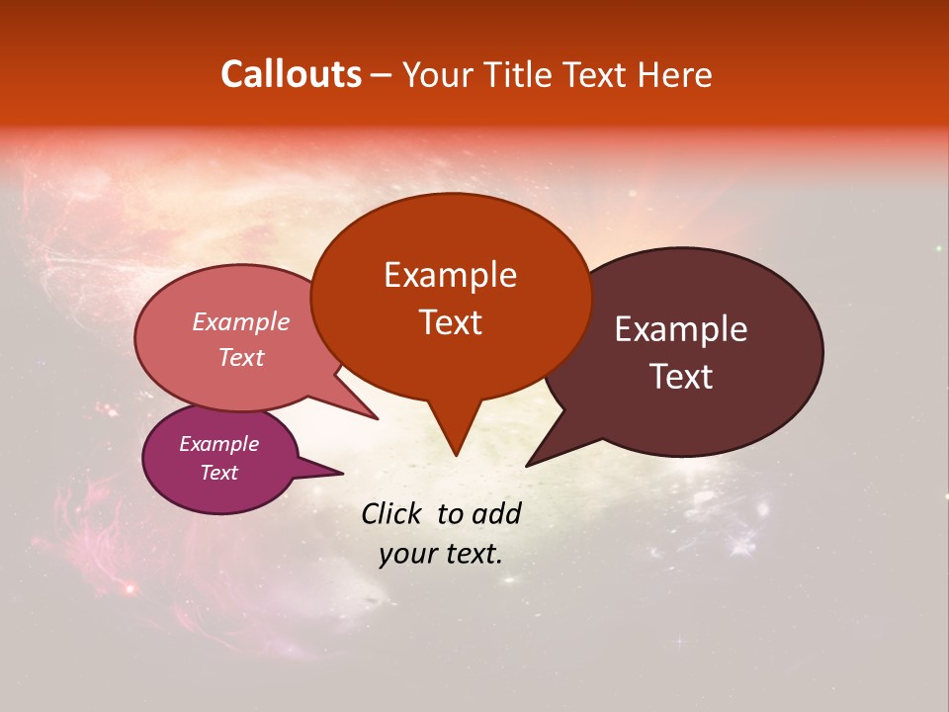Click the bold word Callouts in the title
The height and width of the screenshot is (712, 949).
pos(291,74)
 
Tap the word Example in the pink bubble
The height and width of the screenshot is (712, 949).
pos(240,321)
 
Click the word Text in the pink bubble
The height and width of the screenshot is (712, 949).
pos(240,357)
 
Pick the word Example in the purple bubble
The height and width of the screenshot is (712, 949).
pos(218,444)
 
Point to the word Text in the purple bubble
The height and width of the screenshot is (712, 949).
pos(218,473)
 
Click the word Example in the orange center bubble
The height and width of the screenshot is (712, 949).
pos(450,275)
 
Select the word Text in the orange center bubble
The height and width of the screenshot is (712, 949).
pos(450,322)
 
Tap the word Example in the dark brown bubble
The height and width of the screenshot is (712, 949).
pos(681,329)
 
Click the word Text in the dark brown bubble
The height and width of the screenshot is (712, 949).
pos(681,377)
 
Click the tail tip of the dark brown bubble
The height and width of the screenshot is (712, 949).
pos(528,465)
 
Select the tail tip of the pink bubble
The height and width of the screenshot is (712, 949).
pos(377,418)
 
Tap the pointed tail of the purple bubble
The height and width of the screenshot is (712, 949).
pos(341,474)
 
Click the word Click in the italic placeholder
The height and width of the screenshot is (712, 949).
pos(391,513)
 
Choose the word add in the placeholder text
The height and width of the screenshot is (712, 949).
pos(497,513)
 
